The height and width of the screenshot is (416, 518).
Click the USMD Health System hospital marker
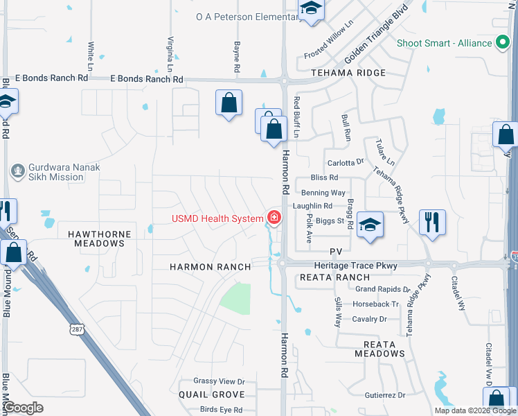pyautogui.click(x=274, y=219)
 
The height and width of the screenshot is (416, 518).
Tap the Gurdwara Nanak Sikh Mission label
pyautogui.click(x=55, y=172)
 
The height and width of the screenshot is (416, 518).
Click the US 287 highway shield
pyautogui.click(x=77, y=328)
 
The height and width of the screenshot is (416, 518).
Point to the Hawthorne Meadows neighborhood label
pyautogui.click(x=96, y=239)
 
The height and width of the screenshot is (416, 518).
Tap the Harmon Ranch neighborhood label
pyautogui.click(x=200, y=267)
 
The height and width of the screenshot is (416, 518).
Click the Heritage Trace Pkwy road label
pyautogui.click(x=352, y=266)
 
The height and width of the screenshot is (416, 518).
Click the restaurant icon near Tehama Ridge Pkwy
pyautogui.click(x=432, y=222)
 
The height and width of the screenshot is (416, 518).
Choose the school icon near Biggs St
pyautogui.click(x=370, y=225)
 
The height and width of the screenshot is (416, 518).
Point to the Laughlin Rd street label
pyautogui.click(x=312, y=206)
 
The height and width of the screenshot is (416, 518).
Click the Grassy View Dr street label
pyautogui.click(x=219, y=381)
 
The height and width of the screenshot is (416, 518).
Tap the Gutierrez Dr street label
pyautogui.click(x=384, y=395)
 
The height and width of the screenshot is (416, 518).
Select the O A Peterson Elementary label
pyautogui.click(x=247, y=16)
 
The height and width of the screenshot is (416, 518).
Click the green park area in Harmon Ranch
pyautogui.click(x=235, y=299)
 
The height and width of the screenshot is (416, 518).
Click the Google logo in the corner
pyautogui.click(x=24, y=407)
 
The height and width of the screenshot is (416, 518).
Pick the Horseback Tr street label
pyautogui.click(x=376, y=304)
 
